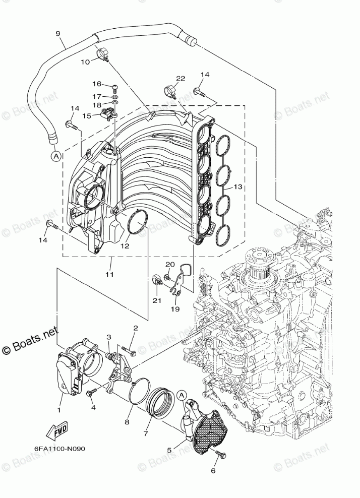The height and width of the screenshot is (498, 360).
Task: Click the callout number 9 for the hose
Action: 58,34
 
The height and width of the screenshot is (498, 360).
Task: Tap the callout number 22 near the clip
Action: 181,78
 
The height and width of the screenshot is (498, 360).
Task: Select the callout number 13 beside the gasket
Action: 238,186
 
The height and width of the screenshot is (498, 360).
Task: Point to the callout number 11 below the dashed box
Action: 109,274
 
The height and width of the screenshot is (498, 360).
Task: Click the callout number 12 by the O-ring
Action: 125,246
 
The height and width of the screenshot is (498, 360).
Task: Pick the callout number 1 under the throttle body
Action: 59,410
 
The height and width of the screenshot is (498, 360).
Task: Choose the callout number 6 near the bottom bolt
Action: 213,471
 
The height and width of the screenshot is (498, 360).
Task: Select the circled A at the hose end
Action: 55,156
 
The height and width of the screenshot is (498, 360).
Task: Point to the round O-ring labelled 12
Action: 136,222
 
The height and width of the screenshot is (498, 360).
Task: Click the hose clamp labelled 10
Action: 103,53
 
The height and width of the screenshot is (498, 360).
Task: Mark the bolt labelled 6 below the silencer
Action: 220,455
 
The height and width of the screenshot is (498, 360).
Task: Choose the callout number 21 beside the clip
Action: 157,300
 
